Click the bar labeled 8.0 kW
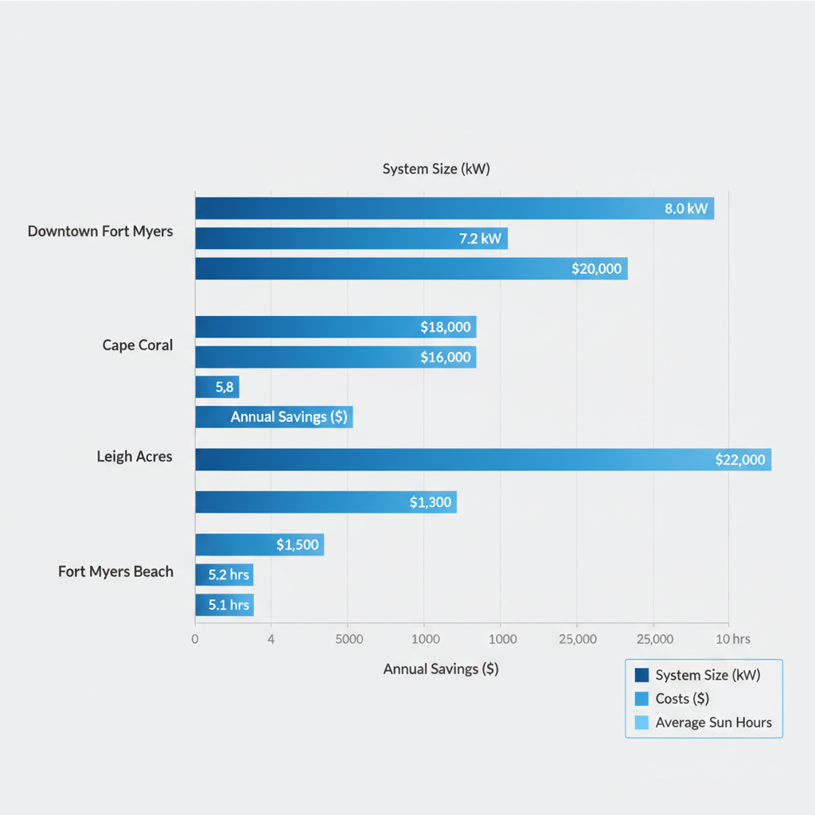pos(454,209)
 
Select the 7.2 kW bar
pos(351,239)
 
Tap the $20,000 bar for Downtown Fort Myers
pos(411,268)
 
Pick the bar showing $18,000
pos(335,327)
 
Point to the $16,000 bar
pos(335,357)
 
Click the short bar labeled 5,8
pos(216,387)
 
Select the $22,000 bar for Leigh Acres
pos(482,459)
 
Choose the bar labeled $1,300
pos(326,501)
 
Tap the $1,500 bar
pos(259,544)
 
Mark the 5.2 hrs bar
pos(224,575)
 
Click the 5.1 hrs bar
pos(224,604)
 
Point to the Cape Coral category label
pos(137,345)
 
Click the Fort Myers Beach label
pos(115,571)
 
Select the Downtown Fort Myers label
pos(100,232)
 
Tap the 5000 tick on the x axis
pos(349,639)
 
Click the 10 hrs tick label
pos(732,639)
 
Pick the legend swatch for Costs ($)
pos(641,699)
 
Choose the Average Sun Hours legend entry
pos(713,723)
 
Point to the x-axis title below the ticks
pos(440,669)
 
